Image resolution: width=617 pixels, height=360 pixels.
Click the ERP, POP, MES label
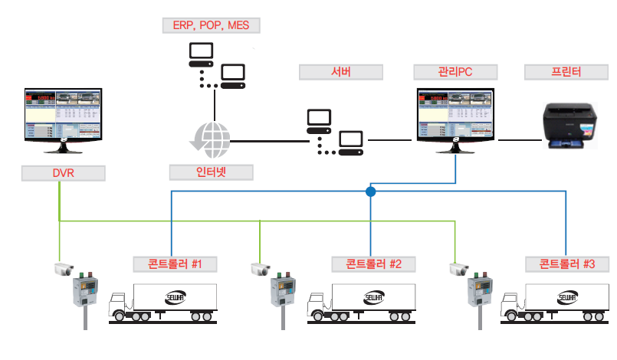coord(212,25)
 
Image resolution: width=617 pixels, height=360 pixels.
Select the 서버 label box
coord(340,73)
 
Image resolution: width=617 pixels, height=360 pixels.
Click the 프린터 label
coord(566,73)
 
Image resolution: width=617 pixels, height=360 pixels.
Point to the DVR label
coord(63,174)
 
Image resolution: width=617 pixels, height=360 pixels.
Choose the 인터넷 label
coord(211,170)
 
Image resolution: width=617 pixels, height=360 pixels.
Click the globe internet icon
coord(211,139)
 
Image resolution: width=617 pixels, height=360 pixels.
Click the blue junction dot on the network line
coord(371,191)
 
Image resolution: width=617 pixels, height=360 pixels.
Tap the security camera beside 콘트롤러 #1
coord(63,269)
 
